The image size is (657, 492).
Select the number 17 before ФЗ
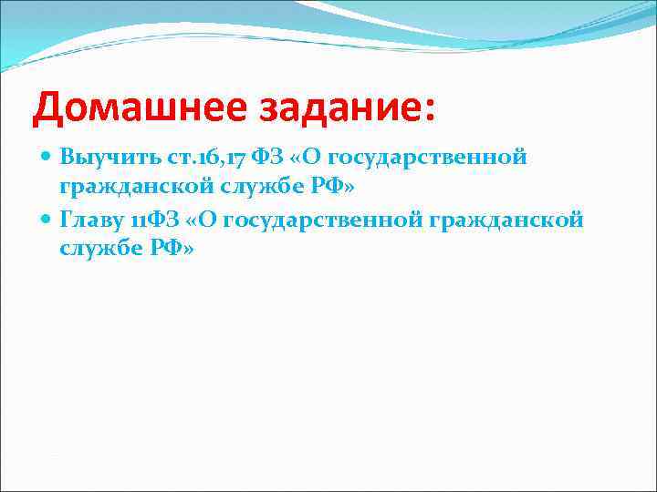[215, 158]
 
